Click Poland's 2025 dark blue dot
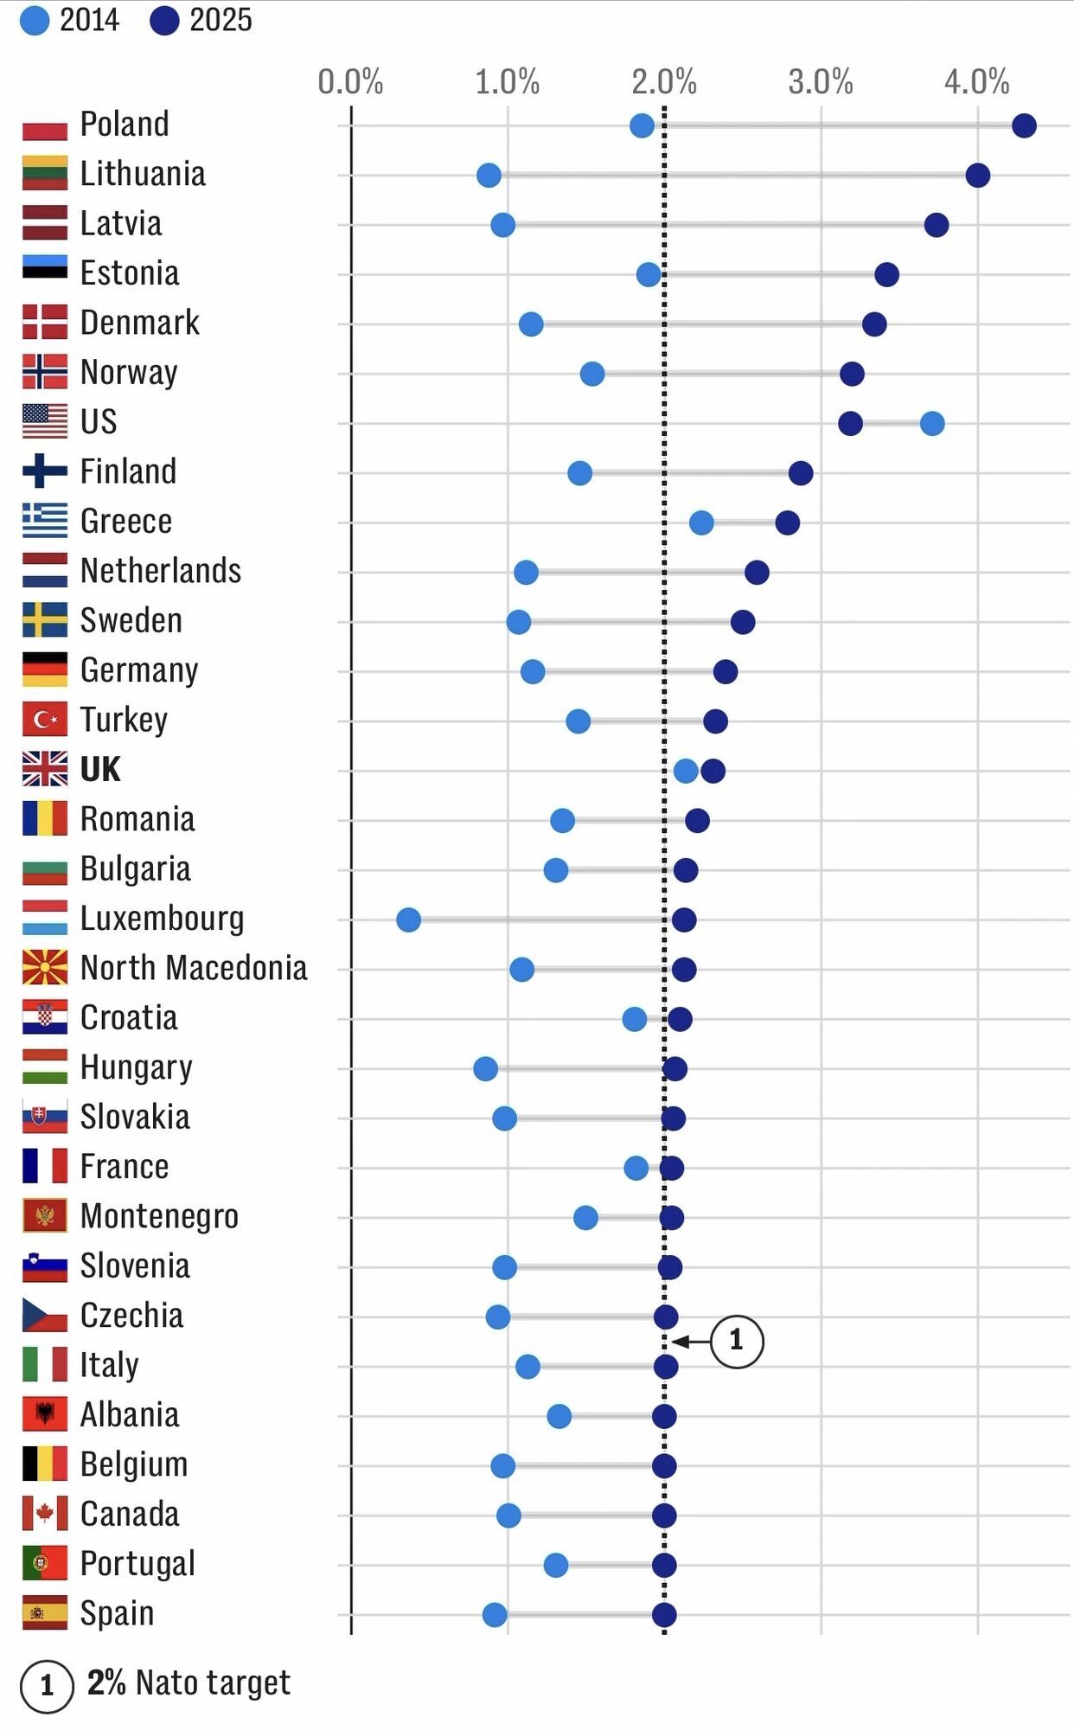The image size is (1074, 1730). pyautogui.click(x=1024, y=126)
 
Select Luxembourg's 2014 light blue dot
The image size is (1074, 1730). pyautogui.click(x=408, y=919)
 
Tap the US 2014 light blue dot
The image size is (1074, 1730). pyautogui.click(x=932, y=424)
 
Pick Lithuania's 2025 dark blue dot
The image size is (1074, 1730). pyautogui.click(x=977, y=176)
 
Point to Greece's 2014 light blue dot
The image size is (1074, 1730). pyautogui.click(x=701, y=522)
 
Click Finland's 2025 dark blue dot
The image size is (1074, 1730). pyautogui.click(x=801, y=473)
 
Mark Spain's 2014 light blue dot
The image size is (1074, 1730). pyautogui.click(x=495, y=1614)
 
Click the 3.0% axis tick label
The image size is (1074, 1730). pyautogui.click(x=820, y=82)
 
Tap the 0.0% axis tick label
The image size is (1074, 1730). pyautogui.click(x=350, y=82)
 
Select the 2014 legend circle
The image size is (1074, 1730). pyautogui.click(x=35, y=21)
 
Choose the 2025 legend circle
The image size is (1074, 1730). pyautogui.click(x=164, y=21)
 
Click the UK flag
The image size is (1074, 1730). pyautogui.click(x=45, y=769)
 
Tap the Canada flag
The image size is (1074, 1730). pyautogui.click(x=45, y=1514)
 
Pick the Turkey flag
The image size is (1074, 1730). pyautogui.click(x=45, y=720)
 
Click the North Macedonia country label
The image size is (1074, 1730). pyautogui.click(x=194, y=968)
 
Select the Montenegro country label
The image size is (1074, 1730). pyautogui.click(x=159, y=1216)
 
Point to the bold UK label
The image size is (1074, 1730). pyautogui.click(x=100, y=769)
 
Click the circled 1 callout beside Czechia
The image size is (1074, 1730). pyautogui.click(x=737, y=1341)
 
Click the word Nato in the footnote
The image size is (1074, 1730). pyautogui.click(x=168, y=1682)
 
